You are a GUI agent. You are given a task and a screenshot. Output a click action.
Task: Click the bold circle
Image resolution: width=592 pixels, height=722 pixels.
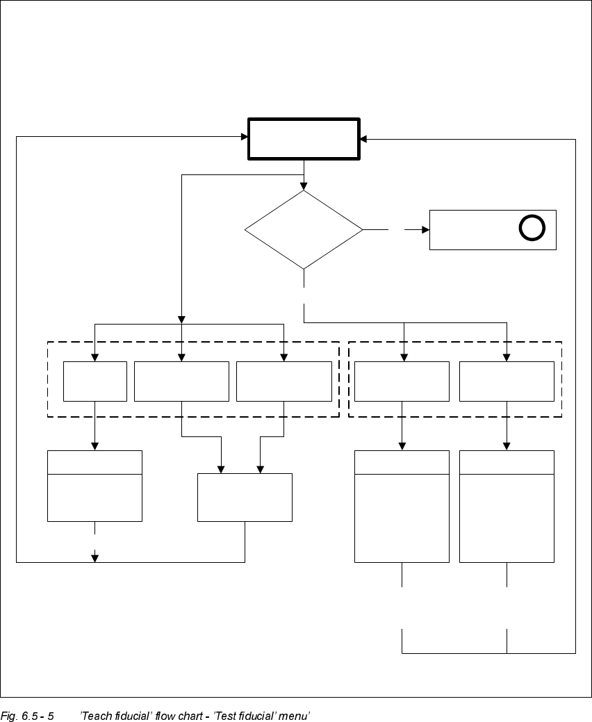[532, 228]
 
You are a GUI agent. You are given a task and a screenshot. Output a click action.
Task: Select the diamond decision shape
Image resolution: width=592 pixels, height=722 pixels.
[304, 229]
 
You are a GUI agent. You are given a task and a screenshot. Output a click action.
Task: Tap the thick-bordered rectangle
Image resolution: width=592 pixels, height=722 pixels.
[304, 139]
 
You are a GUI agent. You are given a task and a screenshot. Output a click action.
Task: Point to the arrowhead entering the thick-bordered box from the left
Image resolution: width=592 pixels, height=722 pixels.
[245, 137]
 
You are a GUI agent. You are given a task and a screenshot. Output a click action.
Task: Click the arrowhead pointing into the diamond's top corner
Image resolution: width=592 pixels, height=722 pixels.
[304, 186]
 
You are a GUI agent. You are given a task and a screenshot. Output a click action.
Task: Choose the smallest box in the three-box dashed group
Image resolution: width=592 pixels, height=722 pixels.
[94, 381]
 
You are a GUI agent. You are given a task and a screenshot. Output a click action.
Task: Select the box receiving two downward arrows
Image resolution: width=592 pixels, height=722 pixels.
[245, 497]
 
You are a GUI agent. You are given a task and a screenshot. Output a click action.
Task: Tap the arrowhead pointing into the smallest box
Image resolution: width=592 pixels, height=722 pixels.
[94, 357]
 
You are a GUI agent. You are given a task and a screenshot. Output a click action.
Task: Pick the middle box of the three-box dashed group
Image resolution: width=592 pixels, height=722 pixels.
[181, 381]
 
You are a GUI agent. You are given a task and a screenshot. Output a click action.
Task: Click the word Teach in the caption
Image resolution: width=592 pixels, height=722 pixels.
[95, 715]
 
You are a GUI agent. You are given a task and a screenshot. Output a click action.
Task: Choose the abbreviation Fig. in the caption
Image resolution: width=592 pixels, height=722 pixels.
[8, 715]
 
